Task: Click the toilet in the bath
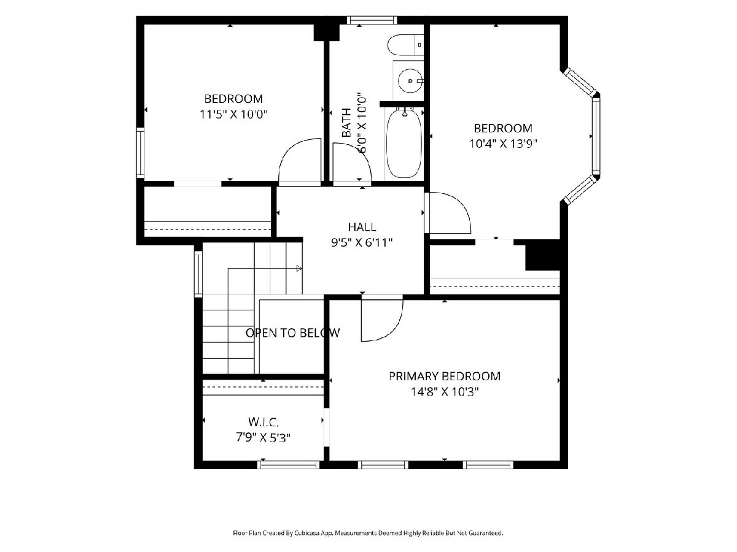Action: point(405,45)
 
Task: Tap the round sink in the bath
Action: point(410,80)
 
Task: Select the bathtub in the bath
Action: point(404,142)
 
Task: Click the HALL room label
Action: point(362,227)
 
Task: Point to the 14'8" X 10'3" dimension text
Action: point(445,391)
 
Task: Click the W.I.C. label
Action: point(263,421)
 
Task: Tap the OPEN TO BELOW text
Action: point(293,333)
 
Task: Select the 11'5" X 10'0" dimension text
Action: point(234,115)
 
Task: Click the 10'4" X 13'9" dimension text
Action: point(503,144)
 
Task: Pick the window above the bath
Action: point(372,20)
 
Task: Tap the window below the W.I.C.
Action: point(289,464)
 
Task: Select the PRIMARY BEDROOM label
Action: point(445,376)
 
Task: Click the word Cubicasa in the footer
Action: point(307,533)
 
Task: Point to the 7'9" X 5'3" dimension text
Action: point(263,437)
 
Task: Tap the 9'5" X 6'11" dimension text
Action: point(362,242)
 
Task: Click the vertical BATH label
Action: point(346,123)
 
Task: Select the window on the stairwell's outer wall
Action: point(198,274)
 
